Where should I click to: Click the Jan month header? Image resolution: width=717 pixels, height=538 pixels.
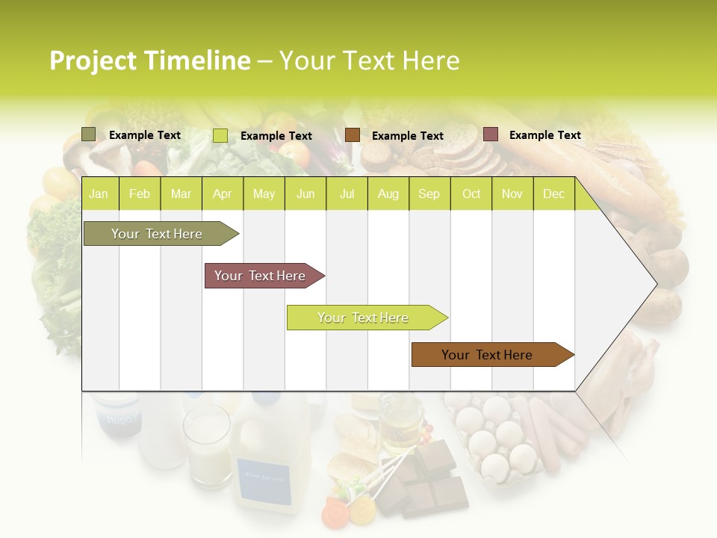pyautogui.click(x=99, y=194)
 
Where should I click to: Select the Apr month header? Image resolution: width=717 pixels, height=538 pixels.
pyautogui.click(x=222, y=194)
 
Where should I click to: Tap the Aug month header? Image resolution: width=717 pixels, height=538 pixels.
pyautogui.click(x=388, y=194)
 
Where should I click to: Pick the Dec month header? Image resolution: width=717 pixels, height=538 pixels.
pyautogui.click(x=553, y=194)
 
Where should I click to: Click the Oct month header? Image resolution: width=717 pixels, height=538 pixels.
pyautogui.click(x=471, y=194)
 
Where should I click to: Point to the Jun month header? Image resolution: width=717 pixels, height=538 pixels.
pyautogui.click(x=305, y=194)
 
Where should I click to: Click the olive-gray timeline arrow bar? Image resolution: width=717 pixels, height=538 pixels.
pyautogui.click(x=158, y=234)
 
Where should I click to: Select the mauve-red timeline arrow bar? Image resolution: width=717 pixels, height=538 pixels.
pyautogui.click(x=261, y=276)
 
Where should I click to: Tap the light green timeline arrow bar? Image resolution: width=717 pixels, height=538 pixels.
pyautogui.click(x=364, y=318)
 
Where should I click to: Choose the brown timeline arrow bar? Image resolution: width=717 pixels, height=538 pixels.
pyautogui.click(x=488, y=355)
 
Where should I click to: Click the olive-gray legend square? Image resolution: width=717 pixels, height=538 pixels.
pyautogui.click(x=89, y=134)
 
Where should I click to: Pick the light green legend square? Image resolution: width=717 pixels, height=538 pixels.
pyautogui.click(x=220, y=135)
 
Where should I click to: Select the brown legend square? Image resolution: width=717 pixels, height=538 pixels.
pyautogui.click(x=353, y=135)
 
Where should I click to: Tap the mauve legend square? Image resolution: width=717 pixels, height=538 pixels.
pyautogui.click(x=491, y=134)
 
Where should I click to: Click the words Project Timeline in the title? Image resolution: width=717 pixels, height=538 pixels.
pyautogui.click(x=149, y=61)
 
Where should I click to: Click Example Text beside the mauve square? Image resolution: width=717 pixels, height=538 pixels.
pyautogui.click(x=544, y=135)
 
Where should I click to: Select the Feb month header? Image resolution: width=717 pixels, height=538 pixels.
pyautogui.click(x=140, y=194)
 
